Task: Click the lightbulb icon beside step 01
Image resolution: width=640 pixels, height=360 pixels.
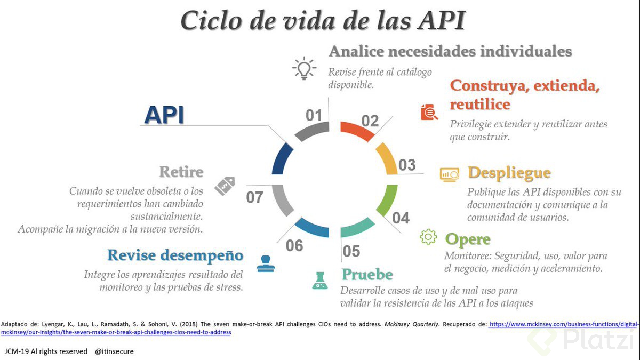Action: pos(304,68)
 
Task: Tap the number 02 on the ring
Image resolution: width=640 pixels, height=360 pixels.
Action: pos(370,121)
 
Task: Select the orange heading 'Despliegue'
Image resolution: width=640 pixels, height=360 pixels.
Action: pos(509,173)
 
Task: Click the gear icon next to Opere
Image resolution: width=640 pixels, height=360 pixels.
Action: pos(428,237)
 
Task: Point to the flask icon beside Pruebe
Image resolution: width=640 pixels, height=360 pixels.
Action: pos(320,280)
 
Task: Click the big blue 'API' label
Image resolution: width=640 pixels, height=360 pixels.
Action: pos(164,115)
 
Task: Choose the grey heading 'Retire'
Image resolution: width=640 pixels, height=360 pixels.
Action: pos(181,172)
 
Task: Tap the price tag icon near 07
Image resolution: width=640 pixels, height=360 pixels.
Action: pos(225,186)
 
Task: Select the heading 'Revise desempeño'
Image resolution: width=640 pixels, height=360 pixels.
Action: pos(175,255)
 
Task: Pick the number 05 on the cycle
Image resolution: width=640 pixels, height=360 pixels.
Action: pos(351,251)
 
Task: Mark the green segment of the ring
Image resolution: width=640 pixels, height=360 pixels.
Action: pos(387,199)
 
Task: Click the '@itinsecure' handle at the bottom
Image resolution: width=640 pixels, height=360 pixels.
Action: pos(114,351)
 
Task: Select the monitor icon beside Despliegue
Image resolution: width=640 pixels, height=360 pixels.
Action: pos(450,174)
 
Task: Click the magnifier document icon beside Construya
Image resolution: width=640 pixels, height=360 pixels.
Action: pos(429,111)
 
